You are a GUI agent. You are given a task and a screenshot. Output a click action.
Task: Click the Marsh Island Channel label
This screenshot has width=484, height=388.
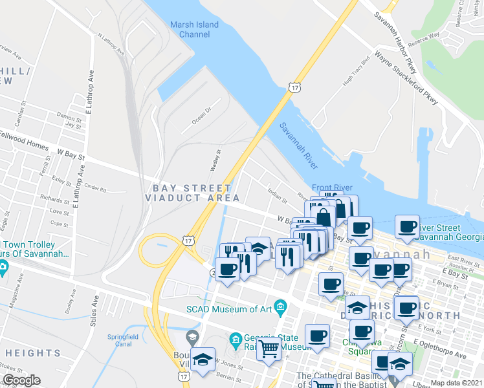(x=194, y=30)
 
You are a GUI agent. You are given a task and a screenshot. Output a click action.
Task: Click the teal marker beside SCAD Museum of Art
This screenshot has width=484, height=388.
(x=280, y=305)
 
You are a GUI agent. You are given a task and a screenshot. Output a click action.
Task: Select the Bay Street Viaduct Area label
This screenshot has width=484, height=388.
(x=195, y=193)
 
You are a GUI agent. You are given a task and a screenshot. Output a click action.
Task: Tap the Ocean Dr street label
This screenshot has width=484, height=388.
(x=202, y=118)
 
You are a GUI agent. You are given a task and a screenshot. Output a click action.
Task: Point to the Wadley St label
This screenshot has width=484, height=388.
(x=215, y=160)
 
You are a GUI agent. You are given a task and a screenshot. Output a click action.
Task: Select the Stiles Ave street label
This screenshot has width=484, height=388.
(x=95, y=312)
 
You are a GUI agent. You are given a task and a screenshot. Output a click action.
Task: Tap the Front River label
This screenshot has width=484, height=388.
(x=333, y=188)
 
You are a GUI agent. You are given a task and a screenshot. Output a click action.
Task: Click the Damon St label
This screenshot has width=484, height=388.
(x=67, y=117)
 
